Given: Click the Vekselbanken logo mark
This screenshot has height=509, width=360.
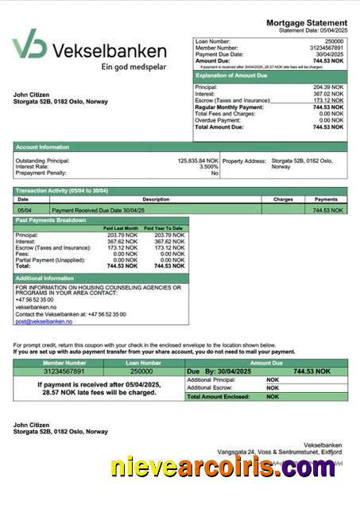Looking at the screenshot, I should coord(29,45).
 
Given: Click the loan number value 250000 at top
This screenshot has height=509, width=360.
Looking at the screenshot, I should coord(335,41).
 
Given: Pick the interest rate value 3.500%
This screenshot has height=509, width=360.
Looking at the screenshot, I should coord(208,167).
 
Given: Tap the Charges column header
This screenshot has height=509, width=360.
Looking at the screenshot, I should coord(283,200).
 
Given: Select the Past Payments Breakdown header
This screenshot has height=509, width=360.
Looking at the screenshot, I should coord(51,220).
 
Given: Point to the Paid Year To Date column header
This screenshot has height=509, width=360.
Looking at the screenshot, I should coord(167,228).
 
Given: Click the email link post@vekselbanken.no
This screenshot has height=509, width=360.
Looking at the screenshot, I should coord(44,321).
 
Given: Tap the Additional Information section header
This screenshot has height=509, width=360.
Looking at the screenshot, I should coord(45,278).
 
